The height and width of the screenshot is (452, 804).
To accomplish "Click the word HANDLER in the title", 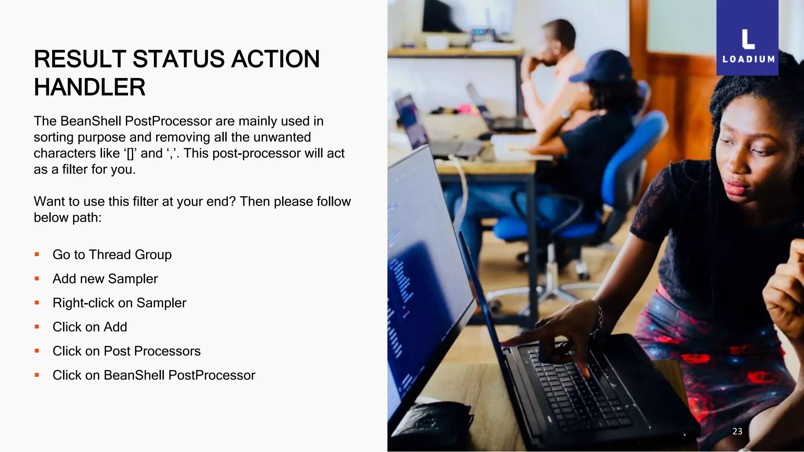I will (90, 87).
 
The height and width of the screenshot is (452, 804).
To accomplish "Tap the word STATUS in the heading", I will (178, 59).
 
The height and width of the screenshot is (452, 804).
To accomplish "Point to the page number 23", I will (737, 431).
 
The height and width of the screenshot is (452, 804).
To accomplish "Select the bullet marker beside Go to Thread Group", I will (37, 254).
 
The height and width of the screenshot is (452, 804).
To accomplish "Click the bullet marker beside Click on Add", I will (37, 326).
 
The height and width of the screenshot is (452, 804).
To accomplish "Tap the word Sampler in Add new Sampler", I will (133, 279).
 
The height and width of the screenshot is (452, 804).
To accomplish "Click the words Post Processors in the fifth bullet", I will (152, 351).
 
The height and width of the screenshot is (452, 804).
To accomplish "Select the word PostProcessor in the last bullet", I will (212, 375).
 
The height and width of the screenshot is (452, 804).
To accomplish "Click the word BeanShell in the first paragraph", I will (91, 121).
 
